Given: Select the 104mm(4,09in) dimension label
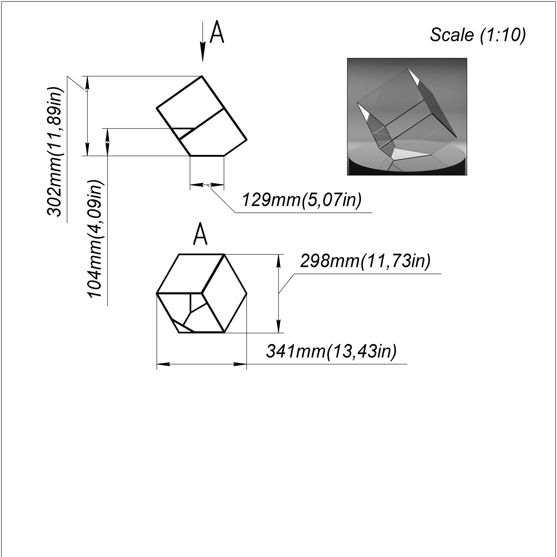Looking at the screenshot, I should click(95, 239).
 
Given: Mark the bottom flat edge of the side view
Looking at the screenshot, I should click(207, 156).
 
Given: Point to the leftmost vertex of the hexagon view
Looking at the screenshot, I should click(157, 293).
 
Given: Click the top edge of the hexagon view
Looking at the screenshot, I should click(202, 254).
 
